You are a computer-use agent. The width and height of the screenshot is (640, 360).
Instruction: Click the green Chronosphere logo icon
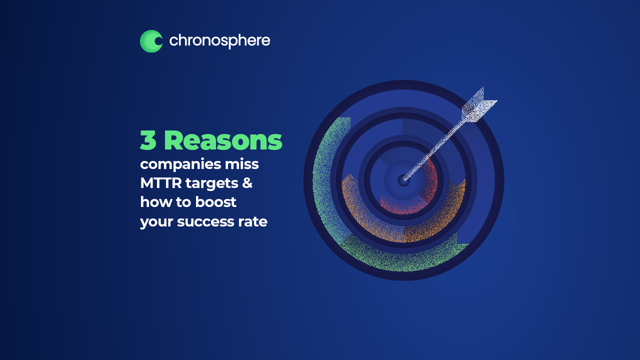click(151, 41)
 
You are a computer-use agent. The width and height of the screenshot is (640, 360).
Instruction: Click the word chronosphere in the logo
click(219, 41)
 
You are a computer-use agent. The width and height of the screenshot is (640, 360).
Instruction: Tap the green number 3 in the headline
click(148, 140)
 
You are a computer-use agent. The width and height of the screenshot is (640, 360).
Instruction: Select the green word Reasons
click(223, 140)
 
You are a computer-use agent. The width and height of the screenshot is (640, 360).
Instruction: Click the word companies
click(180, 165)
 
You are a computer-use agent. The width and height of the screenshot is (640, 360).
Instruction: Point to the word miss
click(241, 164)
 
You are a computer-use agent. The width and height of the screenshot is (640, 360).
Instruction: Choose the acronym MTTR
click(161, 183)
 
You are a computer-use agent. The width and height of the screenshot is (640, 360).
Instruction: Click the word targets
click(212, 183)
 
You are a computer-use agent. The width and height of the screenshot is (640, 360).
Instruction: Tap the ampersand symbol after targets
click(247, 183)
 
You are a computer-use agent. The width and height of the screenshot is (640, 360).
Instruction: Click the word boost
click(216, 202)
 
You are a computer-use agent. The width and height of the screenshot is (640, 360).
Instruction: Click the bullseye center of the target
click(403, 180)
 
